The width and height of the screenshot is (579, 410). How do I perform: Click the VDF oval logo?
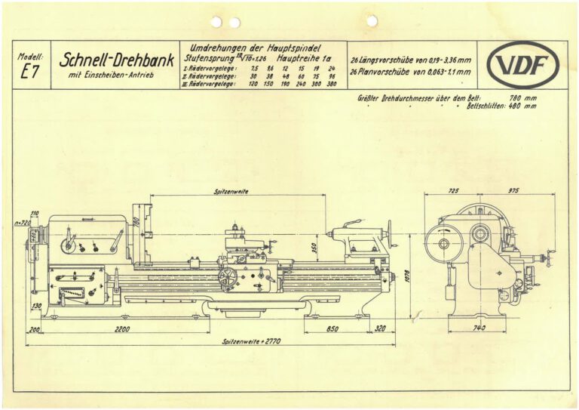(522, 65)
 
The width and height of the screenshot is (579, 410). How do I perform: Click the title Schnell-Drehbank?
(117, 60)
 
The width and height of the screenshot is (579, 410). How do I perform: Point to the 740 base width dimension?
(478, 329)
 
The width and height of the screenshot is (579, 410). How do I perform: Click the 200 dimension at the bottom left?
(34, 329)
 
